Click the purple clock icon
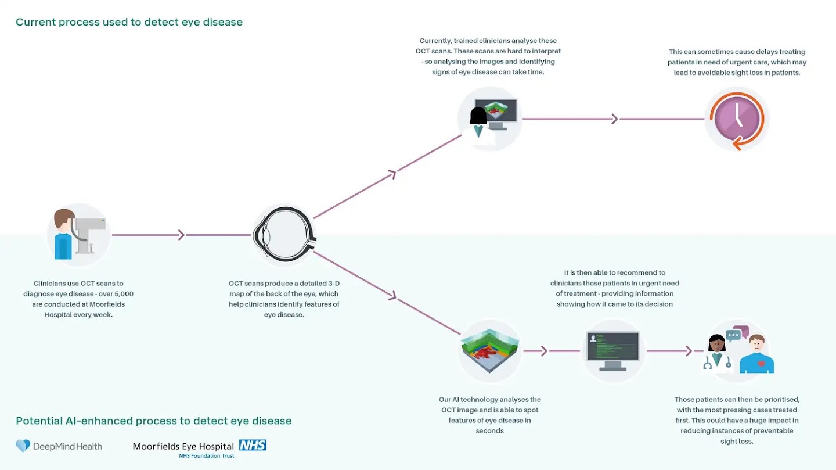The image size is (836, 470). pos(737,119)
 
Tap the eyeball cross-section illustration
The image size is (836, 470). pos(284,235)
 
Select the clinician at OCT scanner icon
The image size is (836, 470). pos(78,235)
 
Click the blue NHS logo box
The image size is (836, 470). pos(252,446)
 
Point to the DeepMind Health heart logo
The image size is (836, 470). pos(23,446)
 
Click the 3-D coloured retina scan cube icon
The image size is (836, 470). pos(490,351)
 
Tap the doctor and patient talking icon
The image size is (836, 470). pos(737,351)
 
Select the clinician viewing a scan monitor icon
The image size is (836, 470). pos(490,119)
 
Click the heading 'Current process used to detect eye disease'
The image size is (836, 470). pos(129,22)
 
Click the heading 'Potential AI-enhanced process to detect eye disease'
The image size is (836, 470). pos(153,421)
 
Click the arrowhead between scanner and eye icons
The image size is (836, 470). pos(181,235)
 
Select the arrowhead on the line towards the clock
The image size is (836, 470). pos(615,119)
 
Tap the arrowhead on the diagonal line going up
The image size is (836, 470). pos(392,173)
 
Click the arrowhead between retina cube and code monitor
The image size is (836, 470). pos(545,351)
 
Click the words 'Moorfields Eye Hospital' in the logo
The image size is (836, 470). pos(183,446)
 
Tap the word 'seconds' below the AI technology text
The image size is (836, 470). pos(489,431)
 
